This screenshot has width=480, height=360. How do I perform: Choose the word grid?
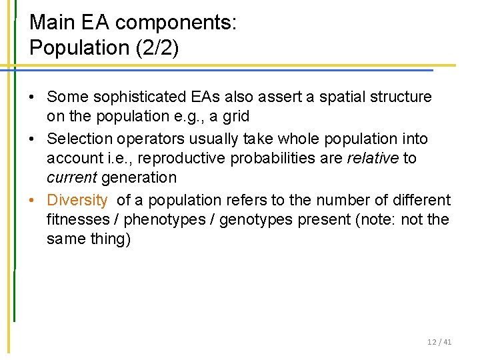click(x=236, y=116)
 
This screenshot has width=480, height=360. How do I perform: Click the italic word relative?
click(x=374, y=158)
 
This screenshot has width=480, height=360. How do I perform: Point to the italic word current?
click(x=69, y=177)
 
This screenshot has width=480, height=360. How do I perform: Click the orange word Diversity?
click(x=77, y=200)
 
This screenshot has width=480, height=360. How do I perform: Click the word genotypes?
click(x=255, y=219)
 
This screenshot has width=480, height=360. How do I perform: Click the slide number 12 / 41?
click(x=439, y=342)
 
